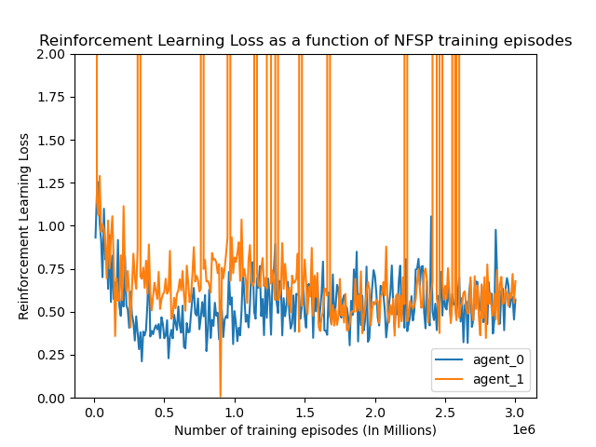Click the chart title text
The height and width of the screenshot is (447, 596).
[x=305, y=41]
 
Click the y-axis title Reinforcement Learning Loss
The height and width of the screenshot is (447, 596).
[x=24, y=226]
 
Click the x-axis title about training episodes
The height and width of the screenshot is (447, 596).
[x=305, y=430]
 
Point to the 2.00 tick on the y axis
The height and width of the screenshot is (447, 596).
[x=53, y=54]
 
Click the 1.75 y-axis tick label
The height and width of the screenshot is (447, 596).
[x=53, y=97]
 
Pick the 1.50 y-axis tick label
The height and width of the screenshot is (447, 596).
[x=53, y=140]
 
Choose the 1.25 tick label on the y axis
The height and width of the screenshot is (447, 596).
[x=53, y=183]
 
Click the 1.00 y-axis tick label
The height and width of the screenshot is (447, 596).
[x=53, y=226]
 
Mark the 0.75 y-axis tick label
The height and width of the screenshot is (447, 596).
[x=53, y=269]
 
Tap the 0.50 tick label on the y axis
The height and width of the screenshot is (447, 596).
[x=53, y=312]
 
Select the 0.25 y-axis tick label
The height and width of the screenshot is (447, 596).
[x=53, y=355]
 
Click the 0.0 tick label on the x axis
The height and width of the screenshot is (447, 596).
[x=94, y=412]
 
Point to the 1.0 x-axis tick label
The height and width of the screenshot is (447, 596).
[x=235, y=412]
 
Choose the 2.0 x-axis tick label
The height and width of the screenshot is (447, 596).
[x=375, y=412]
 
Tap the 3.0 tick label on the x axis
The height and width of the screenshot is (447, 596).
[x=515, y=412]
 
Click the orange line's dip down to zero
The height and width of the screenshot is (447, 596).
[x=221, y=396]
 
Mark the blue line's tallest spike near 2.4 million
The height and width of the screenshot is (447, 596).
[x=430, y=217]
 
